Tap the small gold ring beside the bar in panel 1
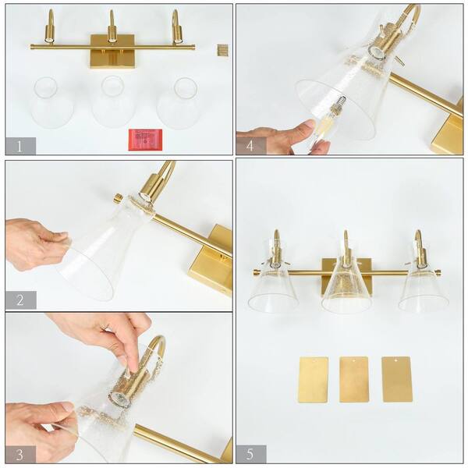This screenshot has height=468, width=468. point(221,48)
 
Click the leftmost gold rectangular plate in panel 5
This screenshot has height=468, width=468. point(313,379)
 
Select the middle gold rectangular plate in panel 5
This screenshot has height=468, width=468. point(354,379)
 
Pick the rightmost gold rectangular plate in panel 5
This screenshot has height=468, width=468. point(396,379)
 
